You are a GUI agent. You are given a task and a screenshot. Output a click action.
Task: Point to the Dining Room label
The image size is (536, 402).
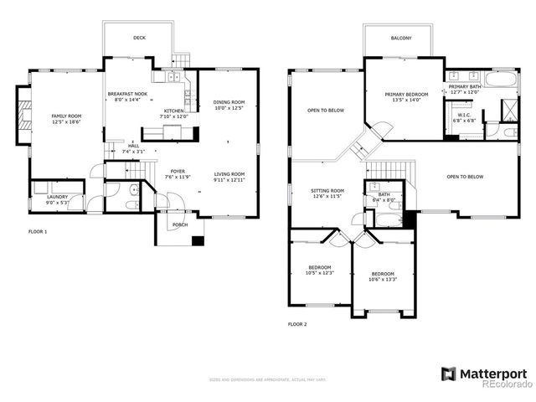tap(228, 105)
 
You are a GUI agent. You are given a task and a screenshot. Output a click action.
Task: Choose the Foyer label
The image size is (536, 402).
tap(178, 173)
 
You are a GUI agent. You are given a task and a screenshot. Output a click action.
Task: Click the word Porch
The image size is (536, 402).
tap(179, 225)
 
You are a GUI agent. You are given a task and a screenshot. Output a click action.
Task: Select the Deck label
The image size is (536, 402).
tap(138, 38)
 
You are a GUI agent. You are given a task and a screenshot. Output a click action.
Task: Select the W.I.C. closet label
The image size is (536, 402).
tap(464, 117)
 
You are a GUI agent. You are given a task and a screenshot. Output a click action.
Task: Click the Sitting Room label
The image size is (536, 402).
tap(327, 193)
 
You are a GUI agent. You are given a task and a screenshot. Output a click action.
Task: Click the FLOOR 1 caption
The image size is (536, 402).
tap(39, 230)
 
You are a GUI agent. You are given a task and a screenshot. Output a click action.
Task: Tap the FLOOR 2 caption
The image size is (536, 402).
tap(298, 323)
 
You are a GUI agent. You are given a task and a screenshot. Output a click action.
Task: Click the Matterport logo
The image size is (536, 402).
tap(485, 372)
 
